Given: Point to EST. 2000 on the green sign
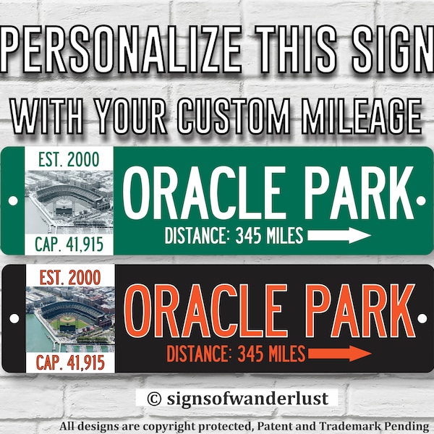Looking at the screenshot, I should [x=69, y=158].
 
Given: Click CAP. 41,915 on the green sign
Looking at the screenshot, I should [x=69, y=244].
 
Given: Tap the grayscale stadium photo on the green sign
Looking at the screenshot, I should [x=69, y=200].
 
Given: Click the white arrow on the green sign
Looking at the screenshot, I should [x=339, y=235].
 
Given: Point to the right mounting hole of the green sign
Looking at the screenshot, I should [x=421, y=199].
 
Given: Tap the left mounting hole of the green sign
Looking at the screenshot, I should [x=12, y=199].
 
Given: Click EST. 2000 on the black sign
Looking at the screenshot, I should [x=69, y=276].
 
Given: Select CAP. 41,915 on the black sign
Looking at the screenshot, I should [x=69, y=362].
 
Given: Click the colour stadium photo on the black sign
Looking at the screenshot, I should [x=69, y=319].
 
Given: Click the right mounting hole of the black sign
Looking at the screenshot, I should [x=421, y=318].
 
